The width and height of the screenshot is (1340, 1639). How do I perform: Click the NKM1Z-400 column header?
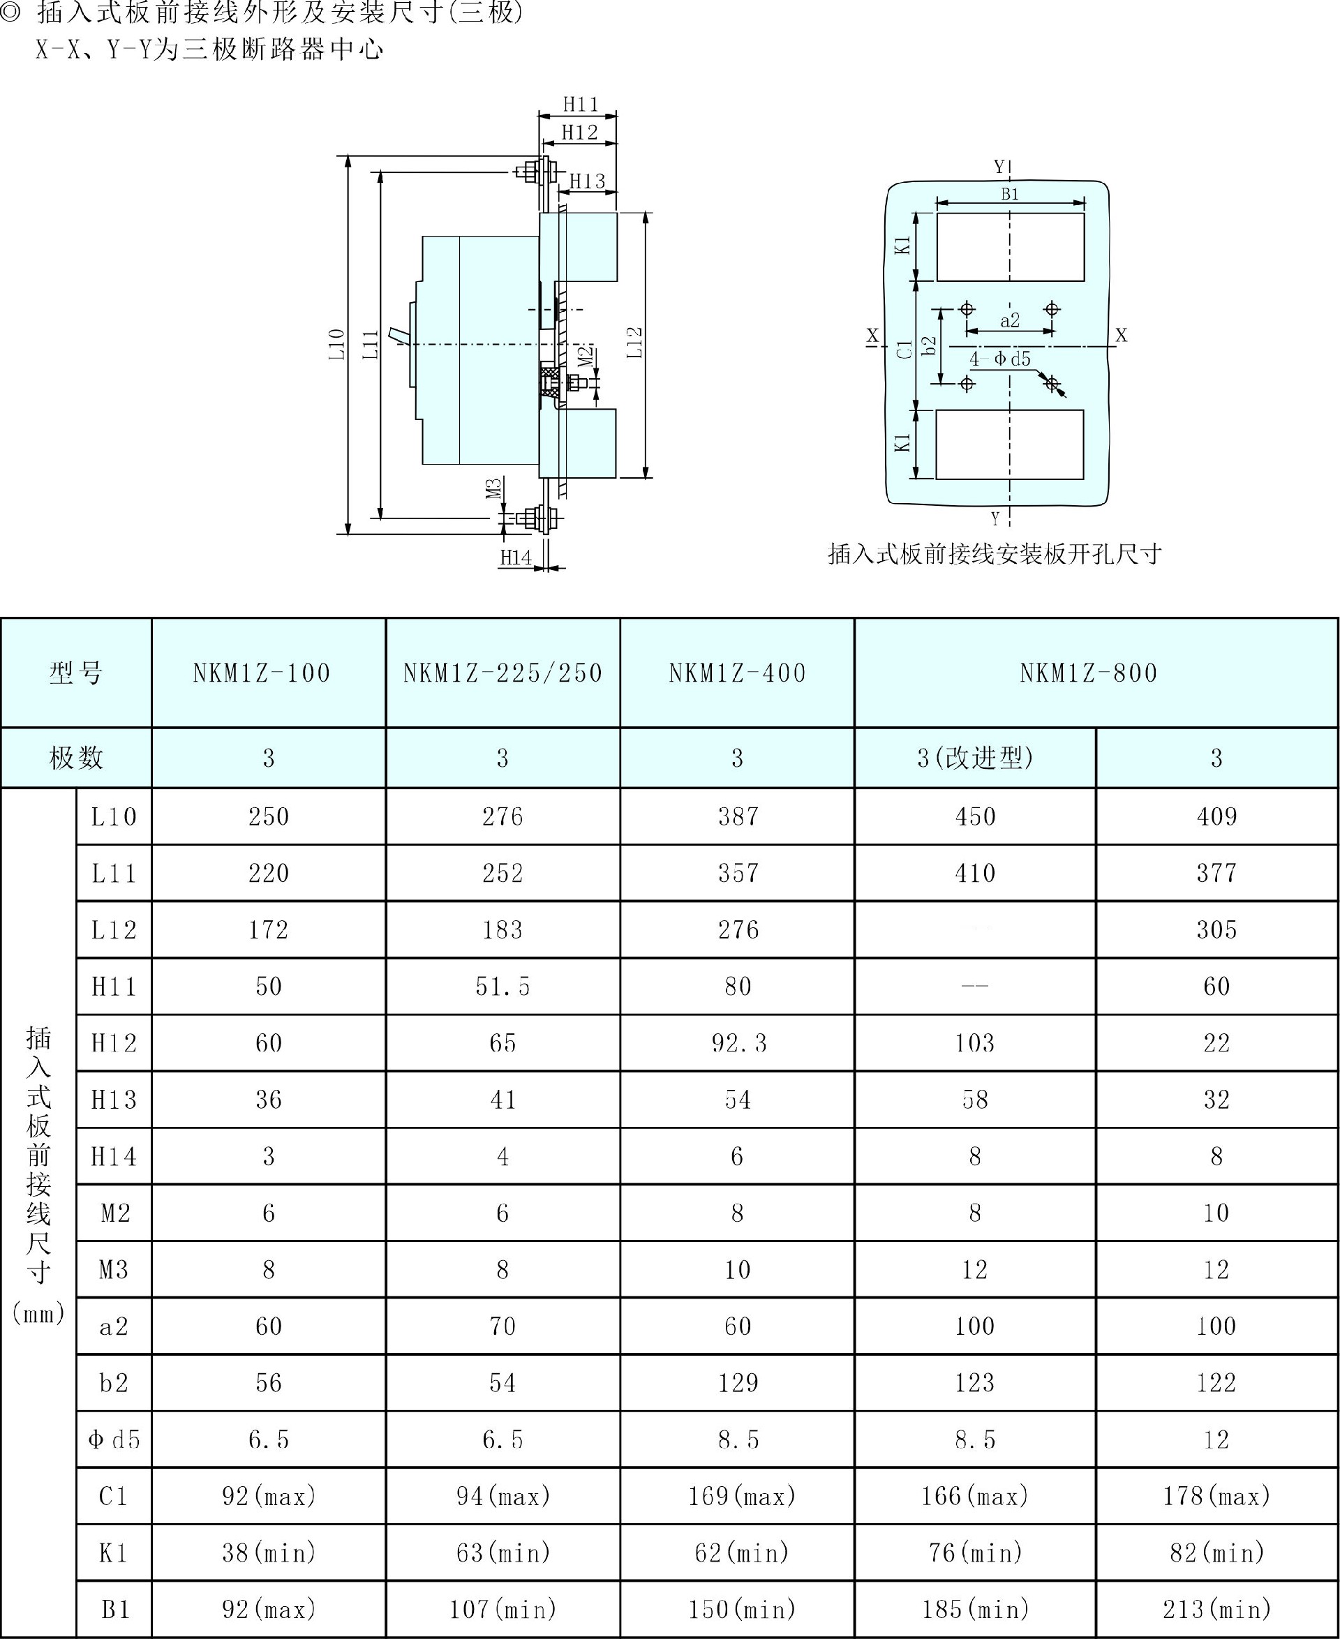point(737,673)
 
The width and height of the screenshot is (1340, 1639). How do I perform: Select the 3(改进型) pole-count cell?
point(975,758)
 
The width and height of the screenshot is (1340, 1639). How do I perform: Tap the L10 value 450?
point(975,816)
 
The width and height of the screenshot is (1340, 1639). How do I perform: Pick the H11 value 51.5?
point(502,986)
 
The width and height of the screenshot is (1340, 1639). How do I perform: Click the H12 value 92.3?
point(738,1043)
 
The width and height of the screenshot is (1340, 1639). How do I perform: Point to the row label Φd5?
point(114,1439)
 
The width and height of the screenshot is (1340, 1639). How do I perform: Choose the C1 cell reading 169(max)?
point(741,1496)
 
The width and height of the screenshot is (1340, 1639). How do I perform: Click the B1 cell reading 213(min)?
point(1216,1610)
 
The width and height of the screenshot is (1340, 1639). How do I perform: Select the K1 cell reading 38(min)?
point(269,1552)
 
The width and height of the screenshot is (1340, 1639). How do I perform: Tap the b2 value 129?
point(738,1383)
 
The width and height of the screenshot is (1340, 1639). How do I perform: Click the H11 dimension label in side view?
point(581,104)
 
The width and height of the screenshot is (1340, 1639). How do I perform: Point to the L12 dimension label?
point(634,343)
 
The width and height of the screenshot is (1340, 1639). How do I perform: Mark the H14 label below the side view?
point(516,557)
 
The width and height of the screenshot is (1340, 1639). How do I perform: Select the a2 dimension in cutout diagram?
point(1010,320)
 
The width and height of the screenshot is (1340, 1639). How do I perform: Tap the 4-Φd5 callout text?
point(1000,359)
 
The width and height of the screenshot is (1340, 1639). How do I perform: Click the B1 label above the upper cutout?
point(1010,195)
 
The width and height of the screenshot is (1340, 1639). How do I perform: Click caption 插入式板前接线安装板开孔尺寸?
point(995,554)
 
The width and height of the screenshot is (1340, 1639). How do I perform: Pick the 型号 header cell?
point(75,673)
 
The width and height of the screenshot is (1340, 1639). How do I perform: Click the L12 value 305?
point(1216,930)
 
